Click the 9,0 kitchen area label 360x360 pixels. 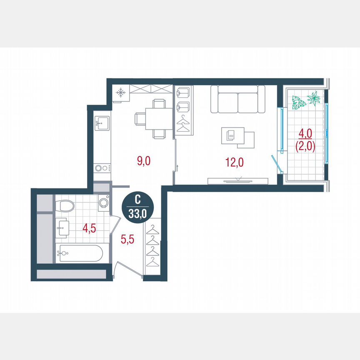pyautogui.click(x=144, y=160)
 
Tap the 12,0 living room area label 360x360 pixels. pyautogui.click(x=234, y=162)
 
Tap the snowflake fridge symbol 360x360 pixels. pyautogui.click(x=120, y=92)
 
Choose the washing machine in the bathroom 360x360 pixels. pyautogui.click(x=103, y=203)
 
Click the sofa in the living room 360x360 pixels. pyautogui.click(x=238, y=100)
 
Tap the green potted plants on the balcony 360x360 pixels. pyautogui.click(x=306, y=101)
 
